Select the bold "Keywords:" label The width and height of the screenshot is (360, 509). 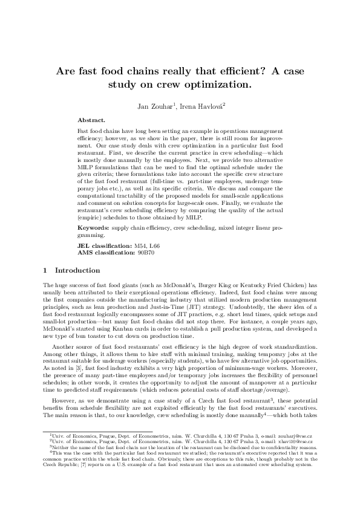(x=94, y=229)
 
